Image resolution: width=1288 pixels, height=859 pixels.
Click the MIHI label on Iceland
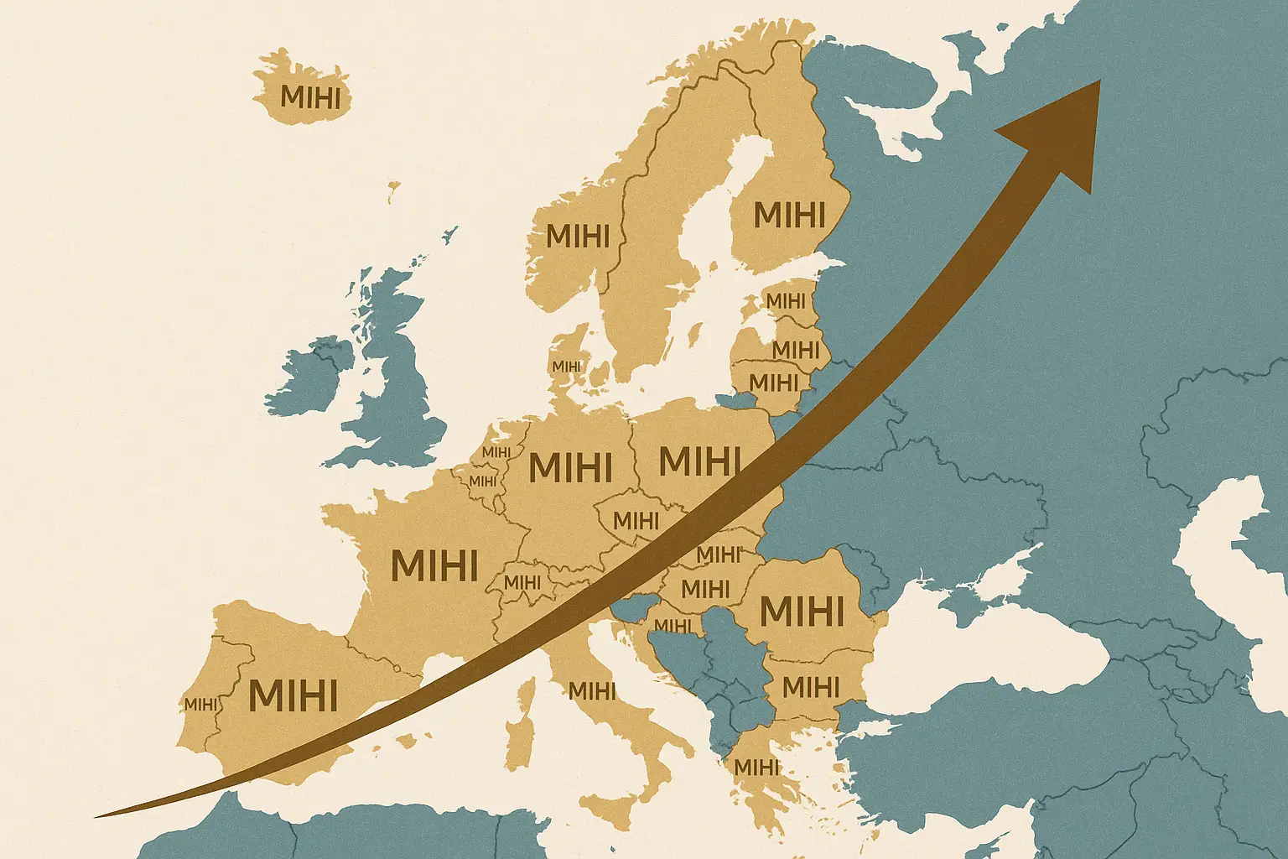(310, 97)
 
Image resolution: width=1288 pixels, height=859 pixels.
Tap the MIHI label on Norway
(577, 236)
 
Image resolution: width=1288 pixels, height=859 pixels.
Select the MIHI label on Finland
(789, 216)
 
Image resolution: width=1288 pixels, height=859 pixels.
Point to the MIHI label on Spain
(293, 695)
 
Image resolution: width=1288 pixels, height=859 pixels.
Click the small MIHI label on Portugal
(200, 705)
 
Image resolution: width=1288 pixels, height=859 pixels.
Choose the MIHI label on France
(434, 565)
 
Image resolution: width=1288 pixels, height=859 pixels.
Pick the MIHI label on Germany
(570, 467)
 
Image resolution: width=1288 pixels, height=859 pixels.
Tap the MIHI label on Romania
(802, 612)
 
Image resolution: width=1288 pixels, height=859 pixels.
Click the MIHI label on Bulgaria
(810, 687)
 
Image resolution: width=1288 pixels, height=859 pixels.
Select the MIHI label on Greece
(756, 767)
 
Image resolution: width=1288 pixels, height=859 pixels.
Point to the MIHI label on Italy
(592, 691)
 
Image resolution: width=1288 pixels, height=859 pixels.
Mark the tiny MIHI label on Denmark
(566, 367)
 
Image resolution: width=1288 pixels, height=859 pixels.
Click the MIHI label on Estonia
(785, 300)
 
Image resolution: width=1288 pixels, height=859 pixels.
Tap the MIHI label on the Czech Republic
(636, 520)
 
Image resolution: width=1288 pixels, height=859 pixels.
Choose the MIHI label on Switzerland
(522, 581)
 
